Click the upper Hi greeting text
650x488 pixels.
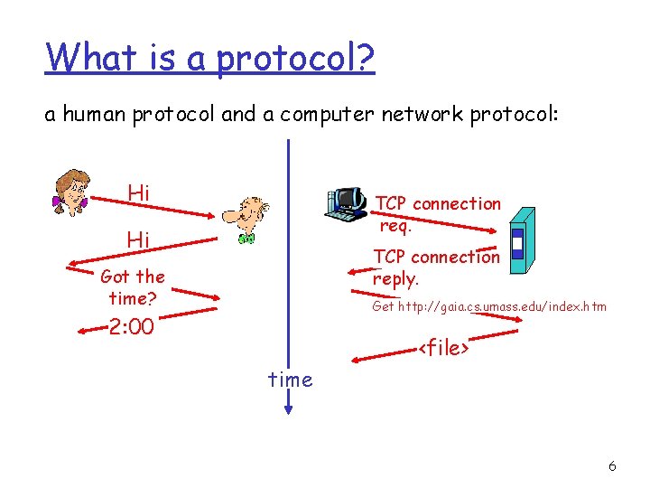coord(139,192)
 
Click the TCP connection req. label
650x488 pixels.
coord(437,214)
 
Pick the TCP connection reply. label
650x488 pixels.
coord(436,267)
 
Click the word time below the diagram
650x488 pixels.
coord(290,380)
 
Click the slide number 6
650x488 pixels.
coord(612,466)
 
